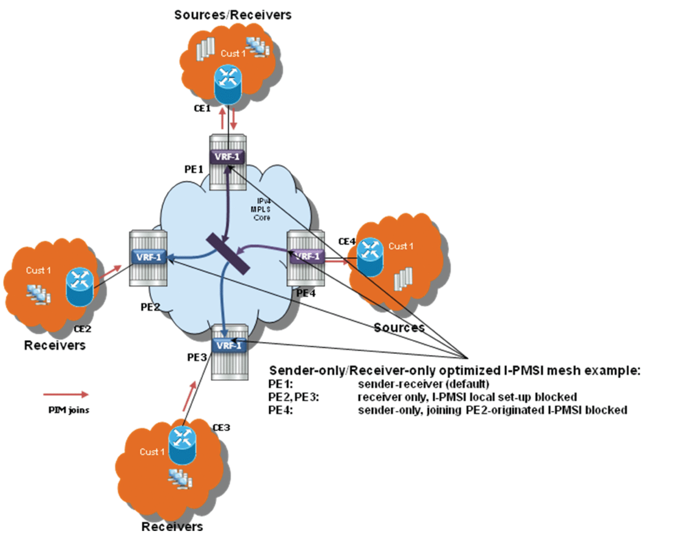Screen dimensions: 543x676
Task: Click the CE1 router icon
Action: tap(228, 84)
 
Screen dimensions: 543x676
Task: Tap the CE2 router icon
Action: tap(80, 287)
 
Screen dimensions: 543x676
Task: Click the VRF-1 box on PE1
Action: tap(227, 156)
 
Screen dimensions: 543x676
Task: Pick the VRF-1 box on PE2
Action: tap(149, 257)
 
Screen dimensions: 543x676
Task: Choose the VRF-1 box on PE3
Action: tap(229, 346)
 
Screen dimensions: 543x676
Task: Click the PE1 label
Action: tap(194, 169)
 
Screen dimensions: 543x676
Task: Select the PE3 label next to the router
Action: tap(197, 357)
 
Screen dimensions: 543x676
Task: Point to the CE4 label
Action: tap(346, 242)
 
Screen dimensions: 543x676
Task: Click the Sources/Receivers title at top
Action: tap(233, 15)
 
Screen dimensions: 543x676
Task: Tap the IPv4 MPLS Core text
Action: tap(261, 209)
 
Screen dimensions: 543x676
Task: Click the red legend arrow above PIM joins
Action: tap(66, 395)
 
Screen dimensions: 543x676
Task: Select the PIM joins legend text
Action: tap(69, 410)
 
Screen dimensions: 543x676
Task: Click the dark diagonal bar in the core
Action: tap(228, 253)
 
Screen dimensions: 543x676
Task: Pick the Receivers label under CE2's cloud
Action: tap(55, 346)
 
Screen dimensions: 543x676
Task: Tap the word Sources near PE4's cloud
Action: tap(399, 328)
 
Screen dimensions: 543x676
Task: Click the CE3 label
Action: tap(221, 427)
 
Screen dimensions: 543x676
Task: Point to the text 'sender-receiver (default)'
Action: tap(423, 384)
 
